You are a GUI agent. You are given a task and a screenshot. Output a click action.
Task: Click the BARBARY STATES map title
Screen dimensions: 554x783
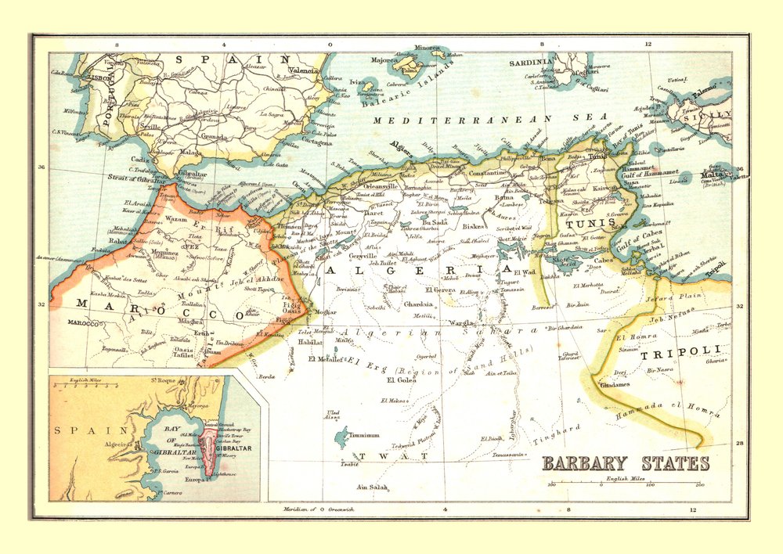(x=626, y=463)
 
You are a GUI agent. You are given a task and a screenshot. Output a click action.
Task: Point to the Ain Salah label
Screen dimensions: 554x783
(x=372, y=487)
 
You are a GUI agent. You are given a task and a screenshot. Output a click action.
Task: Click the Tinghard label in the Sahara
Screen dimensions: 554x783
(x=557, y=434)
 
